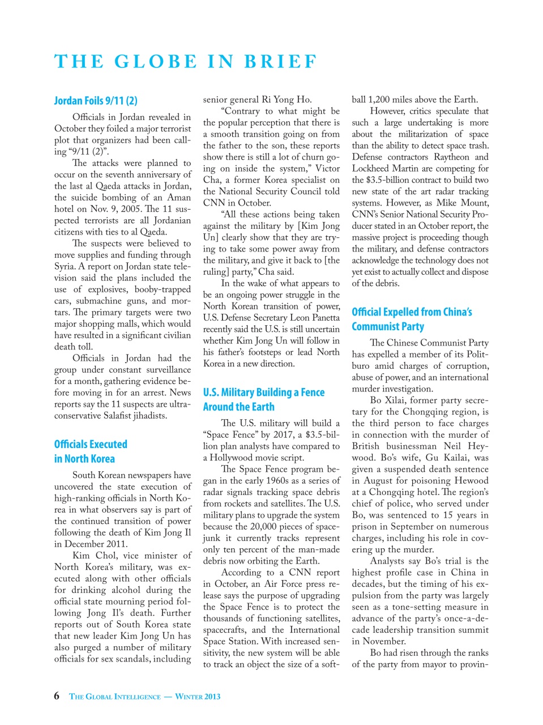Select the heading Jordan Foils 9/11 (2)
click(x=96, y=101)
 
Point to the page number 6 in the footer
click(x=57, y=696)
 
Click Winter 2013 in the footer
click(x=198, y=697)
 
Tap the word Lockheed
click(x=371, y=168)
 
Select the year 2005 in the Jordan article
click(x=130, y=209)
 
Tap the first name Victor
click(x=327, y=168)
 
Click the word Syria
click(x=65, y=266)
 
